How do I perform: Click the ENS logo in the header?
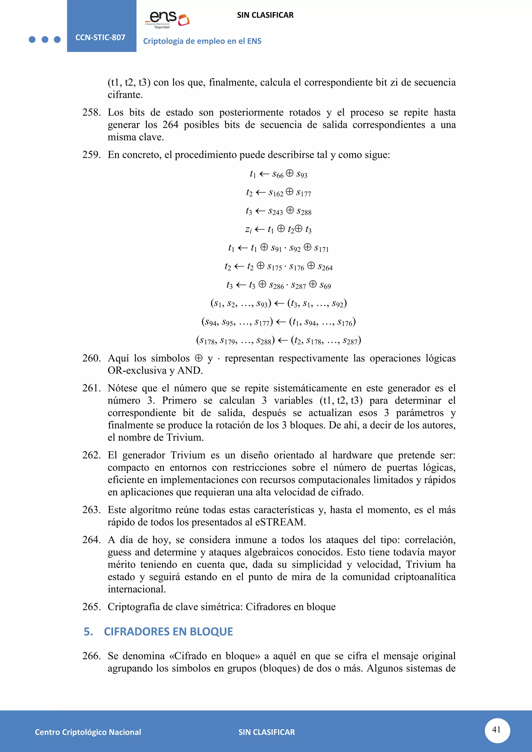click(167, 20)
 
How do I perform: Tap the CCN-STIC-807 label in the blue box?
click(100, 37)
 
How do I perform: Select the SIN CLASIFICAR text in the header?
click(265, 15)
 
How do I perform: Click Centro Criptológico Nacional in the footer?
click(88, 732)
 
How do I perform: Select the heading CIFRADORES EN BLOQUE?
click(168, 632)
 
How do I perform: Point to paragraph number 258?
click(91, 112)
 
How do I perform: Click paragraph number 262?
click(91, 455)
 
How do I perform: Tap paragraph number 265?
click(91, 607)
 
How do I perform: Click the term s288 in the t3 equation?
click(304, 211)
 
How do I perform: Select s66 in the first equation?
click(278, 174)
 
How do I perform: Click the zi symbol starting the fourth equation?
click(248, 230)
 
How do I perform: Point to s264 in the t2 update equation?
click(325, 267)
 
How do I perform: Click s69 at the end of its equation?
click(325, 286)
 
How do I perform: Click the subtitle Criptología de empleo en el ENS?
click(202, 41)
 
